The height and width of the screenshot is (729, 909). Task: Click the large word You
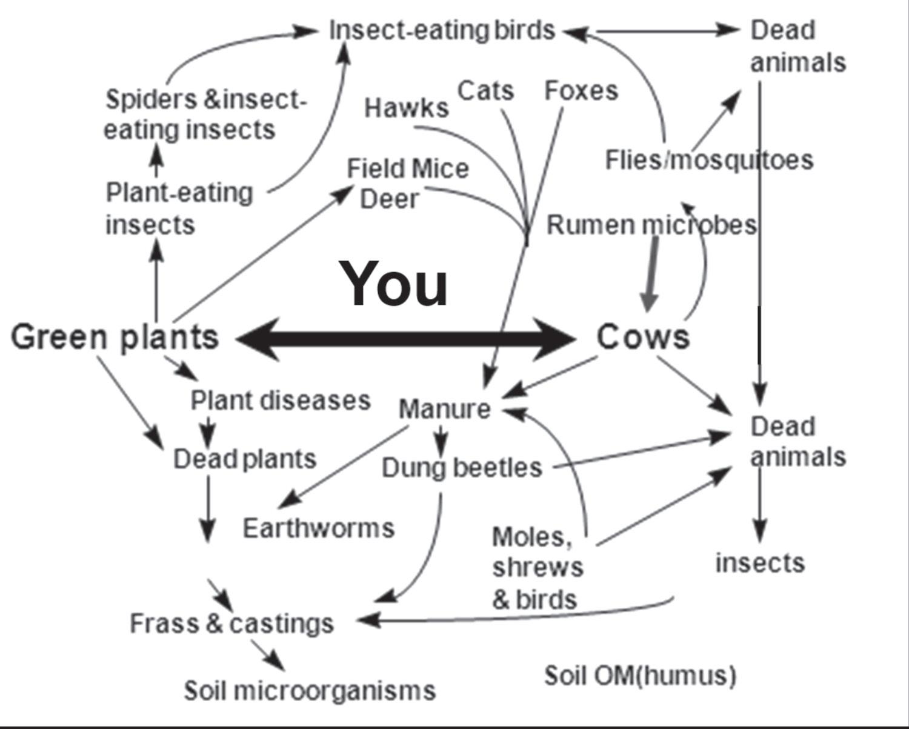click(395, 284)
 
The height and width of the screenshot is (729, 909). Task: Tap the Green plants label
click(115, 337)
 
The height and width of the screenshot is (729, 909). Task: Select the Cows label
click(643, 337)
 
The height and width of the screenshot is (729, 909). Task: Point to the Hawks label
click(406, 108)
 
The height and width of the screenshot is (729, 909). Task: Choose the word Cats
click(485, 91)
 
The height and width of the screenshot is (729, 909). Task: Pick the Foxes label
click(581, 91)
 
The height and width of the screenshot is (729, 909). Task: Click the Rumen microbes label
click(651, 225)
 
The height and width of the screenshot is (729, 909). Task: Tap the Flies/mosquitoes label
click(709, 160)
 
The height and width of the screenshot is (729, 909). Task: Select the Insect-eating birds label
click(442, 30)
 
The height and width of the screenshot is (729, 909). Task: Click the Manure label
click(444, 409)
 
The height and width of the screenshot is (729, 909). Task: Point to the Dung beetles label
click(462, 468)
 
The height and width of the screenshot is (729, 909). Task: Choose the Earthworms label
click(318, 528)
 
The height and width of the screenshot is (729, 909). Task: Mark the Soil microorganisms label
click(310, 690)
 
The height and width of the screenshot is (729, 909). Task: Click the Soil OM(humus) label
click(640, 675)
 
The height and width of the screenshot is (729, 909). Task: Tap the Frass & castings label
click(231, 624)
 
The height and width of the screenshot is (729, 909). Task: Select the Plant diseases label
click(280, 401)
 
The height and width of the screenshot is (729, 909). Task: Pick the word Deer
click(388, 199)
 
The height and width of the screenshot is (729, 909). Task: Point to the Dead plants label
click(245, 459)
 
